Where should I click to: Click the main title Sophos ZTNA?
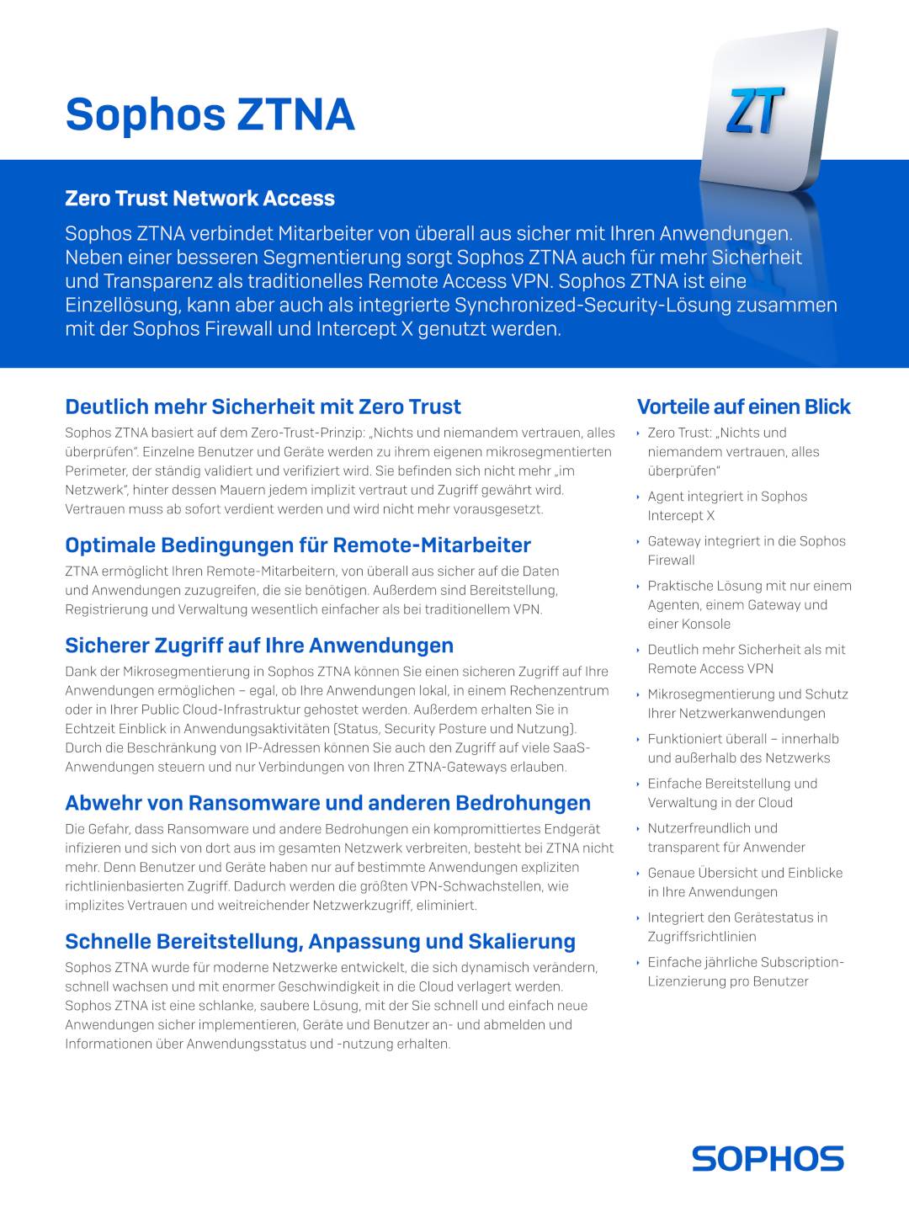[x=210, y=114]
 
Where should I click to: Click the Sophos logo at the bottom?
[x=768, y=1158]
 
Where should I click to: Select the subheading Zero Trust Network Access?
[x=199, y=199]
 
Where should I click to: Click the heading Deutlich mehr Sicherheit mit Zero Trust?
[x=263, y=407]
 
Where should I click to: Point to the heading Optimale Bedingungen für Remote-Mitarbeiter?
[x=298, y=545]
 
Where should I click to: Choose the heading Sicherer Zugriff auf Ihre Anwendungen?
[x=259, y=646]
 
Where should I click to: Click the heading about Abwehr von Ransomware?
[x=327, y=803]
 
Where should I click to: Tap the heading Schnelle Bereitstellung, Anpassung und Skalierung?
[x=320, y=942]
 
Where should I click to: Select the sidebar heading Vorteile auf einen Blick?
[x=743, y=407]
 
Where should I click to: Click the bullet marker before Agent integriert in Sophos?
[x=639, y=497]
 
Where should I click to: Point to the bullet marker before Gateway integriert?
[x=639, y=542]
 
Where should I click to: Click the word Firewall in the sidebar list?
[x=671, y=561]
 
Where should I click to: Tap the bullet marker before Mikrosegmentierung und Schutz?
[x=639, y=695]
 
